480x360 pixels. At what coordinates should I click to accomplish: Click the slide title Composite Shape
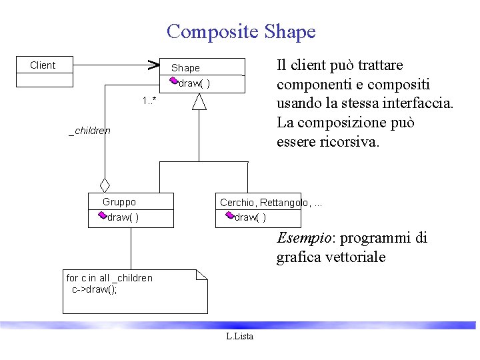pos(241,31)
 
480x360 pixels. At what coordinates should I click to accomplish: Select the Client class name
pos(43,65)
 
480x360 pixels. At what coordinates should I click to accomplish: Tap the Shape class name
pos(185,68)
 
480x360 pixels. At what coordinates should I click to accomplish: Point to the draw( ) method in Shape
pos(195,84)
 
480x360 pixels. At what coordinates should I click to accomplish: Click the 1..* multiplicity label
pos(149,101)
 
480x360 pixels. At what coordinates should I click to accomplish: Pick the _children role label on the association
pos(90,131)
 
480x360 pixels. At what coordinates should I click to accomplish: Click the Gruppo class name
pos(119,202)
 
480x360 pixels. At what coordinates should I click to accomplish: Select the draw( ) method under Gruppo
pos(123,217)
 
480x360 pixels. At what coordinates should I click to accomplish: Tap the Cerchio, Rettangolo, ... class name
pos(271,203)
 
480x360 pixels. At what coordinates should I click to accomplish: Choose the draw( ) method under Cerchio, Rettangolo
pos(251,217)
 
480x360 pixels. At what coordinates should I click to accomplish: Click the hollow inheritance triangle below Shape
pos(199,101)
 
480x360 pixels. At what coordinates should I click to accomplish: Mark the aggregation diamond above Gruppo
pos(104,185)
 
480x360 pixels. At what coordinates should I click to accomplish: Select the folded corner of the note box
pos(203,274)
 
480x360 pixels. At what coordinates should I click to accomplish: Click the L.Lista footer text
pos(240,337)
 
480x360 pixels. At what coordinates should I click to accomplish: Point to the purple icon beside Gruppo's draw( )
pos(102,215)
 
